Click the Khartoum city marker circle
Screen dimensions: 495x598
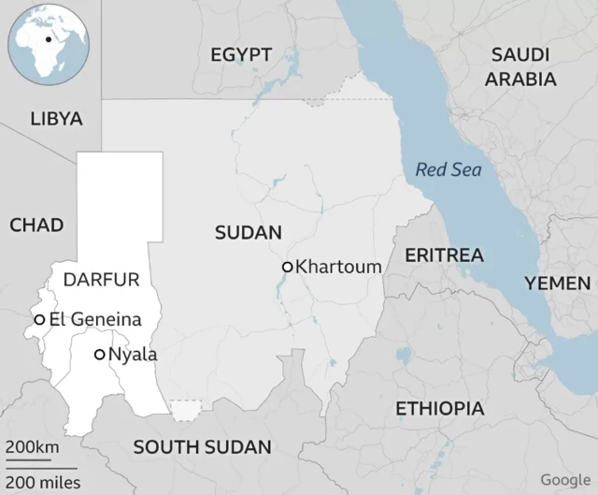pos(287,267)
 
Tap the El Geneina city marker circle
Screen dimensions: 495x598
pos(40,319)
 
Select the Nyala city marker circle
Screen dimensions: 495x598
pos(99,355)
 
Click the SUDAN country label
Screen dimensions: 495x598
pos(249,233)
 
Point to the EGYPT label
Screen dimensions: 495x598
pos(241,54)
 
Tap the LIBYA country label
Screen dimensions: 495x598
pos(56,119)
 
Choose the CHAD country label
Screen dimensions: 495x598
pos(36,225)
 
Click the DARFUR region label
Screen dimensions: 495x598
pos(101,279)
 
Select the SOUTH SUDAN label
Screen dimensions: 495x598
pos(202,446)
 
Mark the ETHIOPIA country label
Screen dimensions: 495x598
pos(440,408)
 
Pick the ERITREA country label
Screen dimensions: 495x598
pos(444,255)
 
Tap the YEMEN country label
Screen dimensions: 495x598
pos(557,283)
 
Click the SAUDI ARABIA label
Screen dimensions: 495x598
pos(520,66)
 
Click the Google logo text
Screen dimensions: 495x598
pos(565,480)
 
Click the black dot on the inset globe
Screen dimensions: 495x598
pos(47,40)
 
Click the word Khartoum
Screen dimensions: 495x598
pos(338,267)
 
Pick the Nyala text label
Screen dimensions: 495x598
pos(133,355)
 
